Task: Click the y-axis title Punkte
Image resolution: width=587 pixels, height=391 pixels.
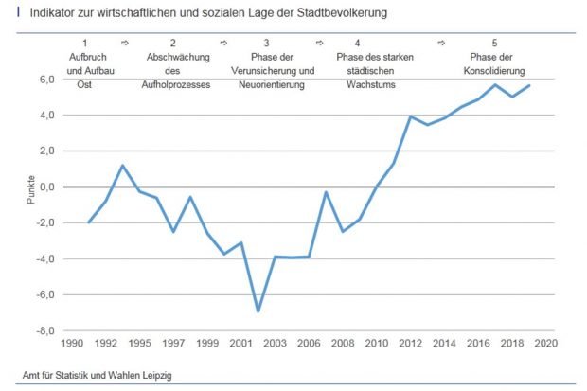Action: click(31, 187)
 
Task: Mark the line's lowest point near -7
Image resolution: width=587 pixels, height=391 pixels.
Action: click(258, 311)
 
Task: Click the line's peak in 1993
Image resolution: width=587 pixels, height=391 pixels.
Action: click(123, 166)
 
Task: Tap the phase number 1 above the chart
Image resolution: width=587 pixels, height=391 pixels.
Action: click(85, 44)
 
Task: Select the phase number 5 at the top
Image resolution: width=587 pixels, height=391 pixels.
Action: click(495, 44)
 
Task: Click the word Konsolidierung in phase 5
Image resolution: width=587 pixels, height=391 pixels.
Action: click(496, 71)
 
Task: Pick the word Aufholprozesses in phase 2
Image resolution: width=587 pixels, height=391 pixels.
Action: click(172, 84)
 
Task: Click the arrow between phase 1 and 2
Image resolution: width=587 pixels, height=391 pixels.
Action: click(124, 44)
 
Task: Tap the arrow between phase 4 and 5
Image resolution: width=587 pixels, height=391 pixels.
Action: click(441, 44)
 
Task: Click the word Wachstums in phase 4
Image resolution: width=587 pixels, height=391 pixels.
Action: click(357, 84)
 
